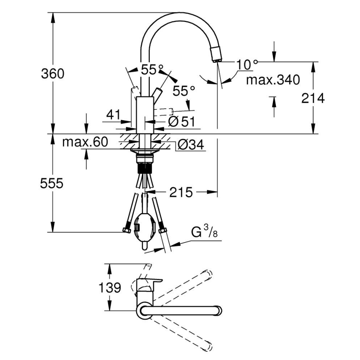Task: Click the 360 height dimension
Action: point(53,74)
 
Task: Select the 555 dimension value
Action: point(52,183)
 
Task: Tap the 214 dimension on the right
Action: point(312,98)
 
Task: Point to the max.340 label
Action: point(272,80)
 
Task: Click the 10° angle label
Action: point(247,64)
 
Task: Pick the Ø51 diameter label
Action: point(181,122)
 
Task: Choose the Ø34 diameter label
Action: point(190,145)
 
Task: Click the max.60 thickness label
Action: point(85,142)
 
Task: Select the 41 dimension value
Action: point(114,115)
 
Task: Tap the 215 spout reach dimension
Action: point(181,192)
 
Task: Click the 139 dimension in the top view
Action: point(110,287)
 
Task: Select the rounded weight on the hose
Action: point(145,229)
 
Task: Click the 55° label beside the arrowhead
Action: point(184,91)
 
